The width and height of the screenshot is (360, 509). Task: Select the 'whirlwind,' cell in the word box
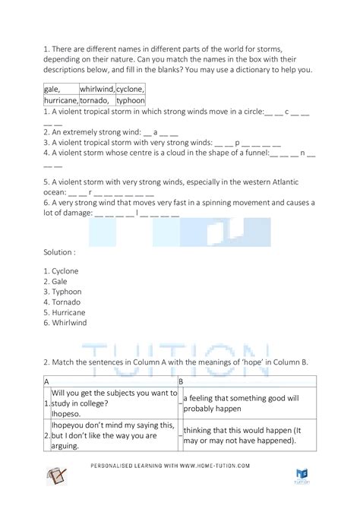coord(96,89)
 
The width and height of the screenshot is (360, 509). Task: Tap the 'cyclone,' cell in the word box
coord(130,89)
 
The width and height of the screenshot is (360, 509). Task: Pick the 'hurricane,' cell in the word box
coord(61,100)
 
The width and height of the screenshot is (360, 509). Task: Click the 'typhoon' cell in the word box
coord(130,100)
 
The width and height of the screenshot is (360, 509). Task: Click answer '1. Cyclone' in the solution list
coord(62,271)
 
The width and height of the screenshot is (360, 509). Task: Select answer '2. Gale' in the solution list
coord(57,281)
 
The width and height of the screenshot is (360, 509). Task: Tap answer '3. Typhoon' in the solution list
coord(63,291)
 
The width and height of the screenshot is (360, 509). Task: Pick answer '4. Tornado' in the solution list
coord(62,302)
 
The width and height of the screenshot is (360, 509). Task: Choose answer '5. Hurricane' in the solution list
coord(65,311)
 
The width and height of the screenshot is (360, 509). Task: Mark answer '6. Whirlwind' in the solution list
coord(65,322)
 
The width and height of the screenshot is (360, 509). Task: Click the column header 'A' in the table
coord(47,381)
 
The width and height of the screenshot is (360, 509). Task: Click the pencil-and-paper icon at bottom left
coord(55,476)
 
